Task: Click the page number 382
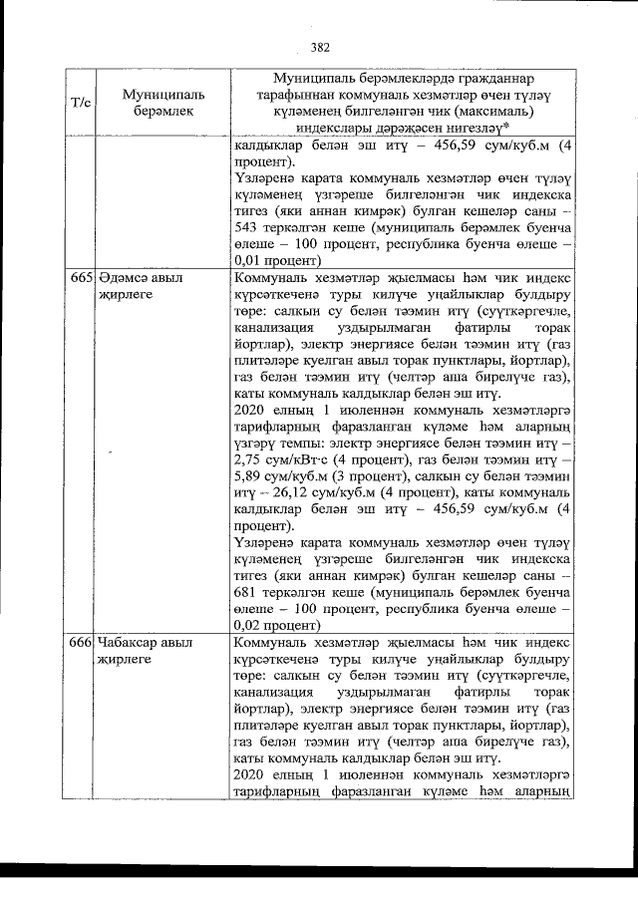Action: coord(320,46)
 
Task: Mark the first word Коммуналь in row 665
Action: coord(269,276)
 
